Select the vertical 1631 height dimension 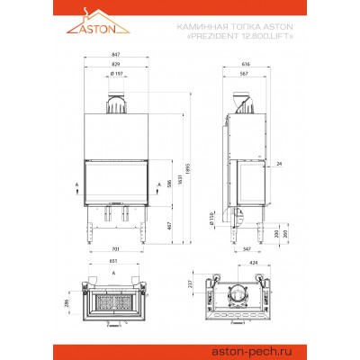pos(179,185)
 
